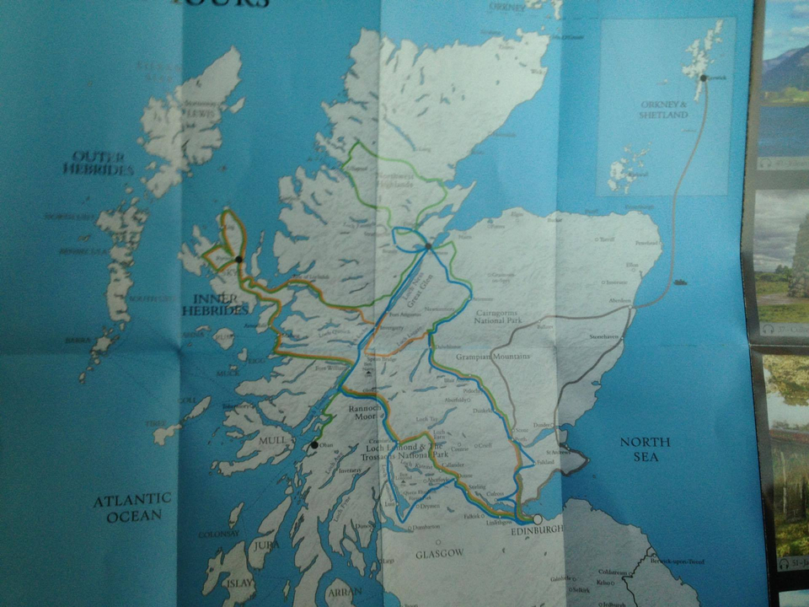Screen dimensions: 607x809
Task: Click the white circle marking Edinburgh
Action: pos(537,518)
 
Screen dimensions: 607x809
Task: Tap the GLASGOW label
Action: pos(440,553)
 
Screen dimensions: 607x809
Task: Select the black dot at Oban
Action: pos(314,444)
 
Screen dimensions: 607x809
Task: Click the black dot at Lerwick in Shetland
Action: pos(702,78)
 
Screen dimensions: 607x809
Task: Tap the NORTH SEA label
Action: pos(645,449)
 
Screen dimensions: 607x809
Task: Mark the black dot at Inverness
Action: pos(428,247)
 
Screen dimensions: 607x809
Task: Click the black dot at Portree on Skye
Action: pos(239,259)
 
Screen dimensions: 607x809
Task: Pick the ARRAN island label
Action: pos(346,593)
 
